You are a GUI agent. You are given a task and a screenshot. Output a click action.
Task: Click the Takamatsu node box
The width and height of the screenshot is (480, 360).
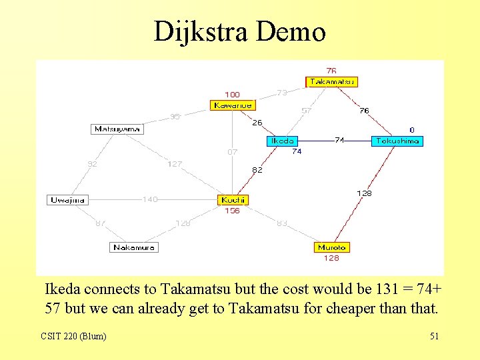tap(332, 82)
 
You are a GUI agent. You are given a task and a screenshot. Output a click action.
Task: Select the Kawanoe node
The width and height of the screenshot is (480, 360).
tap(233, 105)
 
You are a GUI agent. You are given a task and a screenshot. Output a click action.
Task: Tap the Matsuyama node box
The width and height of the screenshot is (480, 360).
tap(117, 129)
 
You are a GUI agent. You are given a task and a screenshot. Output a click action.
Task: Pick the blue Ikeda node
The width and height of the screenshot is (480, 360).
tap(281, 141)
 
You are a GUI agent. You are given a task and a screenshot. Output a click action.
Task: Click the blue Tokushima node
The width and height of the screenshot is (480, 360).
tap(397, 141)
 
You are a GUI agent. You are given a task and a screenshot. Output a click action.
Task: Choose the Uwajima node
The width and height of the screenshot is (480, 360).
tap(68, 200)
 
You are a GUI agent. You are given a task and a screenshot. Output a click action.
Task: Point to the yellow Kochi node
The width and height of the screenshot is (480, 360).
tap(233, 200)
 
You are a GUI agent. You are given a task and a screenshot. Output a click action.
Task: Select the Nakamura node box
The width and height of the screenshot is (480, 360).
tap(134, 247)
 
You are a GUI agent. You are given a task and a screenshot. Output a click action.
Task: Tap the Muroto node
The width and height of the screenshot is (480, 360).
tap(331, 247)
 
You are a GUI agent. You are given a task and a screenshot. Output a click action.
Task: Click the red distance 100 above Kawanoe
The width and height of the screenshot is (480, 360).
tap(232, 95)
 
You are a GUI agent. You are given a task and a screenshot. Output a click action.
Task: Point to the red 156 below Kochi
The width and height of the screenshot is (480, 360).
tap(232, 211)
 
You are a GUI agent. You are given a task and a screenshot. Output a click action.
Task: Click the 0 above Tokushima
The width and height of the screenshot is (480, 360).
tap(412, 130)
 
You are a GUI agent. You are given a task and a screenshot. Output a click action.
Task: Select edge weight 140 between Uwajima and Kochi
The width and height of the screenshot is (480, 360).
tap(150, 199)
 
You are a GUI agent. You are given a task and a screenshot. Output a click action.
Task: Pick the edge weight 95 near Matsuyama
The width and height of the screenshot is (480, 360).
tap(174, 117)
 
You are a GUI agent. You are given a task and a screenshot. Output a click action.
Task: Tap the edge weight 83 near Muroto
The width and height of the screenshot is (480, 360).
tap(282, 223)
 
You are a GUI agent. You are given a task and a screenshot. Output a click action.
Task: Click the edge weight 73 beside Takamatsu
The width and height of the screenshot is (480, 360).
tap(282, 93)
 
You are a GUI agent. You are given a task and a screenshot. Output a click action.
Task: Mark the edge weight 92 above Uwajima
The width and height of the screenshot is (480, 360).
tap(92, 164)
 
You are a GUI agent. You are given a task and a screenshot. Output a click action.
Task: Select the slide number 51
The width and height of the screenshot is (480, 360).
tap(434, 336)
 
